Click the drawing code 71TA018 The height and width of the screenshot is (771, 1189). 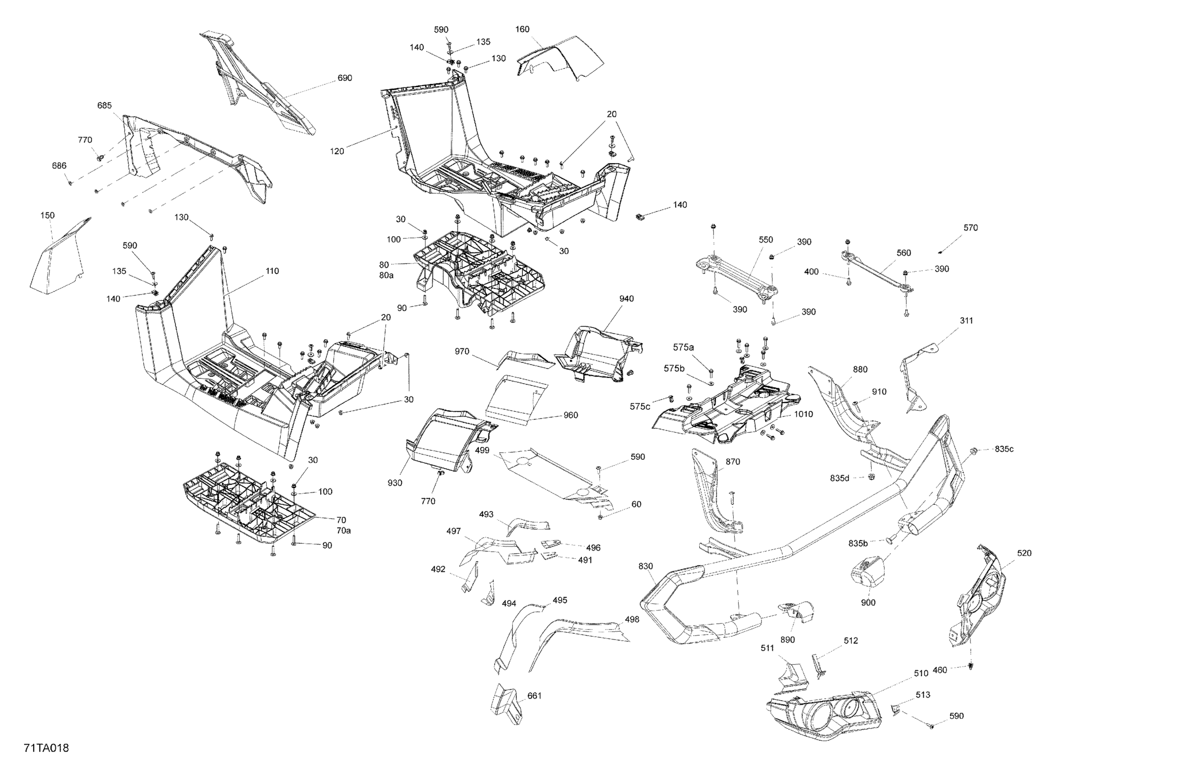click(46, 748)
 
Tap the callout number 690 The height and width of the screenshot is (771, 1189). click(345, 78)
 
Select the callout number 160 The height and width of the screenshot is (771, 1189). click(522, 29)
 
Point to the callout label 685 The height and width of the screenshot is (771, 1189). click(104, 105)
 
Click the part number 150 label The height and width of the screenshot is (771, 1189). click(48, 215)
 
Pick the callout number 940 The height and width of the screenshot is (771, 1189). click(627, 299)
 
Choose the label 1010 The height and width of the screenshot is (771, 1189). click(804, 414)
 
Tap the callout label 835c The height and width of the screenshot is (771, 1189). click(1004, 449)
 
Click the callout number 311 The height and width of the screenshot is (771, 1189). click(967, 321)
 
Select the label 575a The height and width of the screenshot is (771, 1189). click(683, 347)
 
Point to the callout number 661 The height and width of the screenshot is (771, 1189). click(535, 696)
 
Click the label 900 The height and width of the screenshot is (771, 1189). click(868, 603)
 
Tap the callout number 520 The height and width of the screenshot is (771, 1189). click(1024, 553)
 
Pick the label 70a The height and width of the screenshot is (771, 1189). click(343, 531)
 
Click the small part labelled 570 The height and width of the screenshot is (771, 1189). click(940, 251)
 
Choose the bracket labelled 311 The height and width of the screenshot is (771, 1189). click(915, 375)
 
